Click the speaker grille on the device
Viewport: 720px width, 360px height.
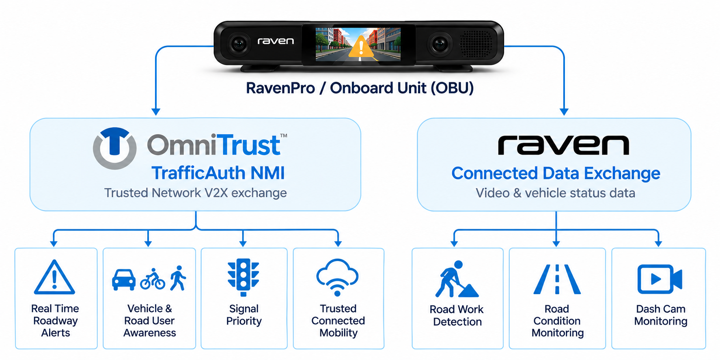[476, 43]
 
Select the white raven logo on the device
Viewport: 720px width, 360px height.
[276, 41]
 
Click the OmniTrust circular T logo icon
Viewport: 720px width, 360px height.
[115, 148]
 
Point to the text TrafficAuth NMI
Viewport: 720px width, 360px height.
[218, 173]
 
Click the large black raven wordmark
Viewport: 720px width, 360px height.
[563, 145]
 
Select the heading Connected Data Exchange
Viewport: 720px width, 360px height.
[556, 173]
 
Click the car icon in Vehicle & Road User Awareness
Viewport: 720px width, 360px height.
[124, 279]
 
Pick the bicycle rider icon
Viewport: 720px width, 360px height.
[153, 279]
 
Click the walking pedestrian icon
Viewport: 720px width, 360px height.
[178, 278]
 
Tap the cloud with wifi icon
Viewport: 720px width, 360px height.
[337, 277]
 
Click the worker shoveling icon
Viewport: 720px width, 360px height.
[457, 279]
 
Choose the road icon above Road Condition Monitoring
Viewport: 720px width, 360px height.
[557, 279]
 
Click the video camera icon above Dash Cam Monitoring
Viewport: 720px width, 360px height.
[660, 279]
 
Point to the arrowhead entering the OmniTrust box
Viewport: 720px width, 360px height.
[156, 112]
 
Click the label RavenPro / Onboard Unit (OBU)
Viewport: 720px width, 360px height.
[360, 88]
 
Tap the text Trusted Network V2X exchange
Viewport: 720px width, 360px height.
[196, 193]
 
